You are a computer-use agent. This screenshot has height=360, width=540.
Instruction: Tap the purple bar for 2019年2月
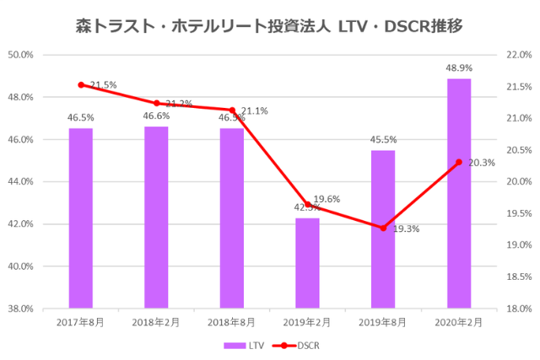coord(307,262)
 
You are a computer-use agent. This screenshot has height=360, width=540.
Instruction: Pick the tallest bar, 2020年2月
coord(458,193)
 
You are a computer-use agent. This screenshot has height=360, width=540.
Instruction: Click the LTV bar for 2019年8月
coord(383,228)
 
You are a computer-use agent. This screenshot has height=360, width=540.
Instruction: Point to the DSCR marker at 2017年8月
coord(81,85)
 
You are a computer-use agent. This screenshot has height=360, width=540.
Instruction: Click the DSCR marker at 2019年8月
coord(383,228)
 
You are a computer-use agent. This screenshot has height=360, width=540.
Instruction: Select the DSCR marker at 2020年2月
coord(458,162)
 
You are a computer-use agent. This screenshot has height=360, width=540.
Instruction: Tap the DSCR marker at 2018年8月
coord(232,110)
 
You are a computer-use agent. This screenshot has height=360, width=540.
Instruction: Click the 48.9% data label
coord(458,67)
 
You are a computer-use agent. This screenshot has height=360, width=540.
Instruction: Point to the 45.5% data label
coord(383,139)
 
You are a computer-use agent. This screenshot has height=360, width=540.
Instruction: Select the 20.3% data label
coord(482,164)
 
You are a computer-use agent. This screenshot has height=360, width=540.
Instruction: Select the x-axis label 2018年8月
coord(232,323)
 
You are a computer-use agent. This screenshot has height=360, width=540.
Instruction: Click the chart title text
coord(269,25)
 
